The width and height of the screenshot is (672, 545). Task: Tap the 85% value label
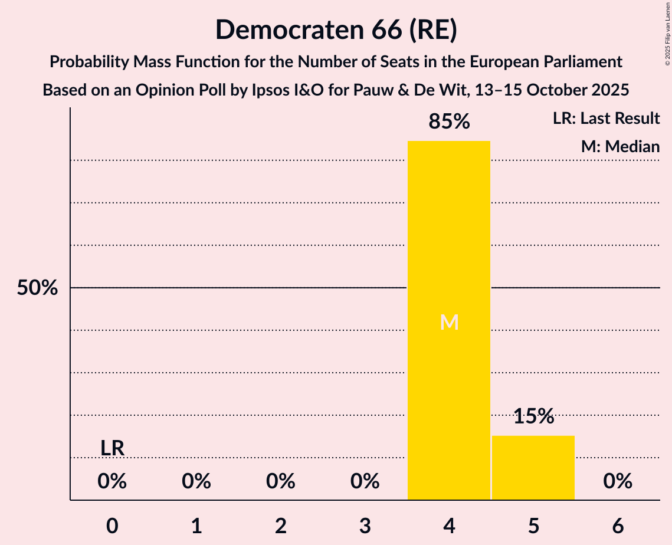[449, 122]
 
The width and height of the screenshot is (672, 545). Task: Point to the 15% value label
[533, 416]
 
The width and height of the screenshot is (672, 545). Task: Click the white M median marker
[449, 322]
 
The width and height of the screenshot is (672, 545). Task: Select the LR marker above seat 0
[112, 448]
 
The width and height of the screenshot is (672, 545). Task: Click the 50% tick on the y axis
[37, 288]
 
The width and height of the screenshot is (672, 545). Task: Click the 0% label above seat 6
[618, 482]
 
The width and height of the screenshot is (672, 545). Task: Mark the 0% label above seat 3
[365, 482]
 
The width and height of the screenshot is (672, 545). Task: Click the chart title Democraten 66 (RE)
[336, 29]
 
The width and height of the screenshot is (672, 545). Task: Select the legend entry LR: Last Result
[606, 119]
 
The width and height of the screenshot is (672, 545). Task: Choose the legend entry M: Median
[620, 146]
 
